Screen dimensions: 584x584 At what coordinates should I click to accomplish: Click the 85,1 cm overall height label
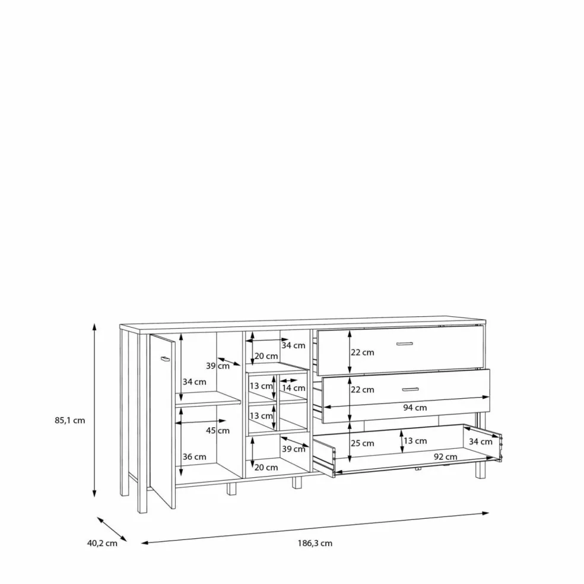(70, 421)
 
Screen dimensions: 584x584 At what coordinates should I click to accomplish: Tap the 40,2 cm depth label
(102, 544)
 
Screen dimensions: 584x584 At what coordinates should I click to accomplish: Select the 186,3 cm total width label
(315, 544)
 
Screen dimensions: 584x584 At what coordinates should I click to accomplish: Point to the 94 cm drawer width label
(415, 408)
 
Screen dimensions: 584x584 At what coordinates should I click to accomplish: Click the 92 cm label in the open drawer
(446, 456)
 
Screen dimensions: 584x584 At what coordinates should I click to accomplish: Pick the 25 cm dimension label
(362, 443)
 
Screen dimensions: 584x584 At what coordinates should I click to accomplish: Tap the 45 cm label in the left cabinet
(217, 431)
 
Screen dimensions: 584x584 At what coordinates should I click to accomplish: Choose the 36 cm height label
(194, 457)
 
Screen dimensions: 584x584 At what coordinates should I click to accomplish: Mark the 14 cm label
(293, 388)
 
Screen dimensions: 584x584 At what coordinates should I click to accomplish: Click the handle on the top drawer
(404, 344)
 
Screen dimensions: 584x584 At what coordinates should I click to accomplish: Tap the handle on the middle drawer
(410, 389)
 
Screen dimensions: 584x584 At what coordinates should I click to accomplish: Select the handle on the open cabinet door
(165, 358)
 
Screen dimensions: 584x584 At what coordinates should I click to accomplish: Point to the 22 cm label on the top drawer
(362, 353)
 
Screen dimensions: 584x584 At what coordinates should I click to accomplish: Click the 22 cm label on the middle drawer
(362, 389)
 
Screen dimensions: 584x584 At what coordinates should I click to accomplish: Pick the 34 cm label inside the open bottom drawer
(481, 442)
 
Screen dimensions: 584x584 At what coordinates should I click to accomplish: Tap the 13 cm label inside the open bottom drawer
(415, 441)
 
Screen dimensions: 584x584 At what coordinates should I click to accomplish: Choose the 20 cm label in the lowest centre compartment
(266, 468)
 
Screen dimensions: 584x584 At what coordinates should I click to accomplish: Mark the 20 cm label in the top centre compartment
(266, 356)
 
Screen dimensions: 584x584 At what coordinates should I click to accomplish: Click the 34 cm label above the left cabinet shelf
(194, 382)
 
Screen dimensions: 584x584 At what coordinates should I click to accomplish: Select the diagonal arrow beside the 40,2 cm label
(112, 529)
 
